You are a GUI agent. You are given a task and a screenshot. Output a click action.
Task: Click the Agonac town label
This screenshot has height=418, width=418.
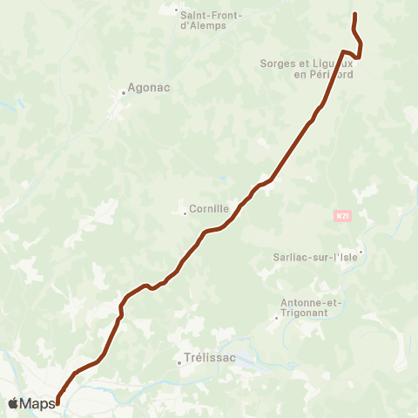click(x=148, y=88)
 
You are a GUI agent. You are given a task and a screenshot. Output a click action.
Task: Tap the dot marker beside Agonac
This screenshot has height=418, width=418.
click(x=125, y=93)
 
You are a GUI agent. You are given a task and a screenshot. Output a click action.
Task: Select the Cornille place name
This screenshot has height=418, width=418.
click(x=210, y=209)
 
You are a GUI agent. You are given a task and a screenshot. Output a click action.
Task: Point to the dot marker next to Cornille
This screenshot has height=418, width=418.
click(x=185, y=213)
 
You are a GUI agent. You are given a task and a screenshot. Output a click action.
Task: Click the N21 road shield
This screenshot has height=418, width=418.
click(x=341, y=214)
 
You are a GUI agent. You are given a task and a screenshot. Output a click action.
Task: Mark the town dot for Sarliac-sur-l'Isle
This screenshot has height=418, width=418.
click(x=361, y=253)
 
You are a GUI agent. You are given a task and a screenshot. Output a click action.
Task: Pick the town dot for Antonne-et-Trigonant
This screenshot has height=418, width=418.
click(x=276, y=317)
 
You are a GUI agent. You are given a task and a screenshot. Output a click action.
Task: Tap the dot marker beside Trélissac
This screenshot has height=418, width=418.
click(x=179, y=363)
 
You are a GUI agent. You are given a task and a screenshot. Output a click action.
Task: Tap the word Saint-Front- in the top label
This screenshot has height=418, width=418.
click(x=210, y=14)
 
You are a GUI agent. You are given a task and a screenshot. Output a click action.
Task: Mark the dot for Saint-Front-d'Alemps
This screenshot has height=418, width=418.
click(x=177, y=10)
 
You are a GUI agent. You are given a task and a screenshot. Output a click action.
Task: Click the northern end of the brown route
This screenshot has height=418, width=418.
click(x=354, y=15)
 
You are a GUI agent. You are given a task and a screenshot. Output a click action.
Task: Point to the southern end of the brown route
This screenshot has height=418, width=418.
click(x=57, y=402)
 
